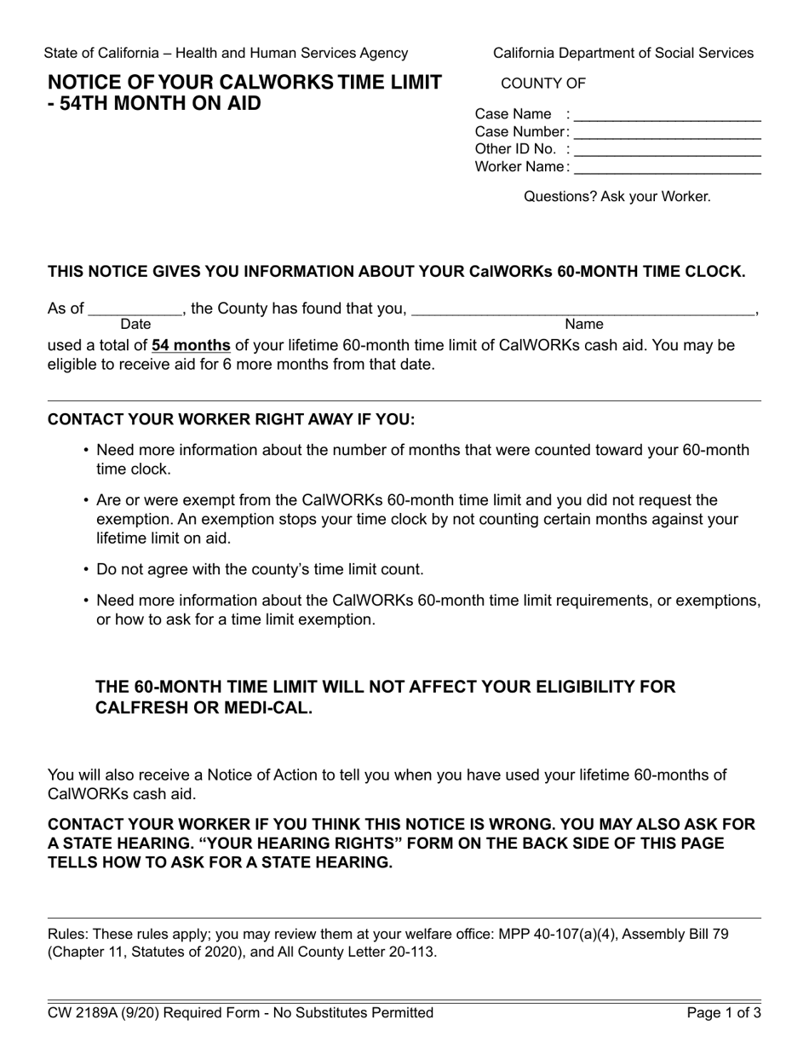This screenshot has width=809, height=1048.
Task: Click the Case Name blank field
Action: (x=668, y=115)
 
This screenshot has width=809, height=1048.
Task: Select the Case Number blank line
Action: (x=668, y=133)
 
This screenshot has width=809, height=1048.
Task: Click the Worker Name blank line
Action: (x=668, y=168)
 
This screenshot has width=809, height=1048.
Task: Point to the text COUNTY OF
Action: (x=543, y=83)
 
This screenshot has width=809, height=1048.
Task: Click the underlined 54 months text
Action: (x=191, y=346)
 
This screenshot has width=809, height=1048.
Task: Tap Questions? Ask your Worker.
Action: (x=617, y=197)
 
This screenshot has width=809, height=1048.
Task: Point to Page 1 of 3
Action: (x=724, y=1013)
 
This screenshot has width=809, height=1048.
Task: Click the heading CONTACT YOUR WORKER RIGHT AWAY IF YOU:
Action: (x=231, y=420)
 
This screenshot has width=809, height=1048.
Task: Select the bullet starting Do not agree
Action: (x=260, y=569)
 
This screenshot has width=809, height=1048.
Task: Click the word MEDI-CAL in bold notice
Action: (x=271, y=708)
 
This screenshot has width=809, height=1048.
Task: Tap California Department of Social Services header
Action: (x=623, y=53)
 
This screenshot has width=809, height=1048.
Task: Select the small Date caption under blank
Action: (x=135, y=325)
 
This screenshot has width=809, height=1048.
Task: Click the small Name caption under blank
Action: (x=583, y=325)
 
